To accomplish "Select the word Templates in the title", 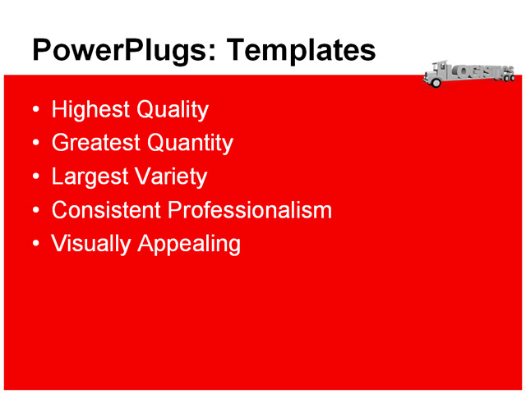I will tap(300, 51).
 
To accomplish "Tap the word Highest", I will tap(87, 110).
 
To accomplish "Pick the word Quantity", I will tap(190, 143).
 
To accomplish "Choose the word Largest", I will tap(87, 176).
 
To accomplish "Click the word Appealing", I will tap(188, 244).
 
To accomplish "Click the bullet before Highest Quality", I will tap(35, 110).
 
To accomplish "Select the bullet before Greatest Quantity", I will tap(35, 144).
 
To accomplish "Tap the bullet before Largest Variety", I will tap(35, 177).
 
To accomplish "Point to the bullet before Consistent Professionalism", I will tap(35, 211).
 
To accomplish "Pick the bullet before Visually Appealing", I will tap(35, 245).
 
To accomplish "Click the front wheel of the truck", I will tap(436, 83).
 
